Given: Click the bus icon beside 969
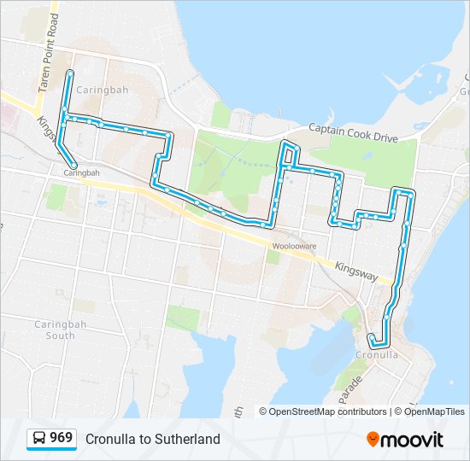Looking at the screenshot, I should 39,438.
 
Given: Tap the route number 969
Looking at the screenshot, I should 62,438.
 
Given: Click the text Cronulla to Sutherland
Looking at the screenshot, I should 152,439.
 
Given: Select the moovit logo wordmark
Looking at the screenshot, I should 413,440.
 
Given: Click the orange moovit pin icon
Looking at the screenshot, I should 373,439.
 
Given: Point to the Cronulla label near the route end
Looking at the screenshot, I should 377,354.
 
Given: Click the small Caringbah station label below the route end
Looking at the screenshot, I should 81,172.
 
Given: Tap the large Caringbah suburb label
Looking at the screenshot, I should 101,90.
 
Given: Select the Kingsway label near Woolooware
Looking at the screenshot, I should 356,271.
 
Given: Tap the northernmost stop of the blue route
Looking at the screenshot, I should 69,75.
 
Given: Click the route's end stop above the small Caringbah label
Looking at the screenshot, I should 74,165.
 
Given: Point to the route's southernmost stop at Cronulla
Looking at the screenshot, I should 374,344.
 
